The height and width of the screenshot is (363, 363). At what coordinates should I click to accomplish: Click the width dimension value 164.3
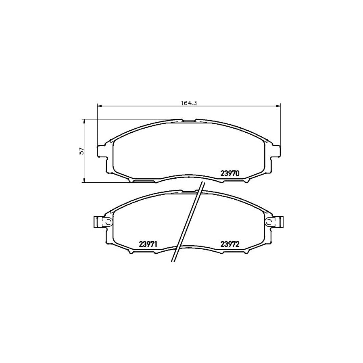[189, 103]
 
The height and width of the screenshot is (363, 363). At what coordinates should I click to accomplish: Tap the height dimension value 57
[81, 151]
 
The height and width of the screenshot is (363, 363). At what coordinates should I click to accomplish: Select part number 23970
[229, 173]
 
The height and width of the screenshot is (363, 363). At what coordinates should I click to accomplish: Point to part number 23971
[148, 244]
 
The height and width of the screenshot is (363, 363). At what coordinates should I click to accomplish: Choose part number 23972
[229, 244]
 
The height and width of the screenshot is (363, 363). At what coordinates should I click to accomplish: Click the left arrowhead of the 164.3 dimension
[100, 106]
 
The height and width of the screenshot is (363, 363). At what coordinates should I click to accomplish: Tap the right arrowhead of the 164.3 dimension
[278, 106]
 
